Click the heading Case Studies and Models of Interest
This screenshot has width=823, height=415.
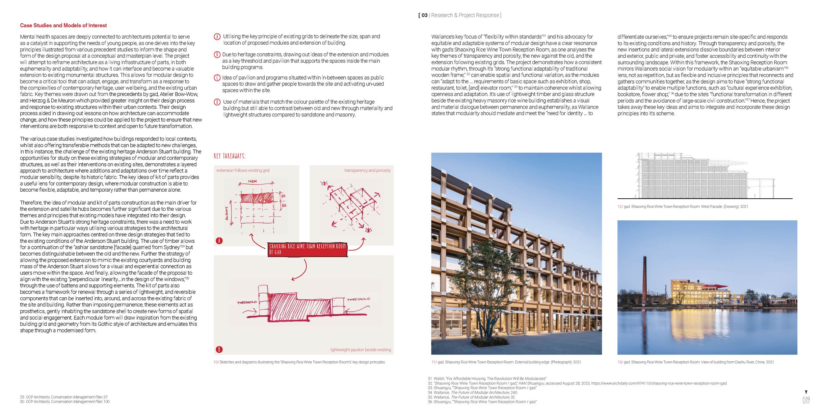coord(63,25)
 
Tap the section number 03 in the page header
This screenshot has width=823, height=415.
coord(424,15)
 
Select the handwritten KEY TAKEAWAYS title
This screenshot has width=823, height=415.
coord(229,156)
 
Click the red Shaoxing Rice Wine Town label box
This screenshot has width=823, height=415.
coord(307,249)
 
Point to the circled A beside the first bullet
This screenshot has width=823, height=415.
coord(217,37)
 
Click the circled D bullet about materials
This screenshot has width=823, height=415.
coord(217,102)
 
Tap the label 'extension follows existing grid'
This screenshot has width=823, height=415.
coord(243,170)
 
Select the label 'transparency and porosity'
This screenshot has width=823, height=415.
coord(367,170)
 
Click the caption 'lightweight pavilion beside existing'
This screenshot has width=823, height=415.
coord(360,350)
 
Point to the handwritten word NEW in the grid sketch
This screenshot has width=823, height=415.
coord(252,181)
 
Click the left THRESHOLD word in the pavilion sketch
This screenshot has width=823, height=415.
coord(247,302)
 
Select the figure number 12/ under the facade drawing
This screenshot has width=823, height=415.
coord(620,207)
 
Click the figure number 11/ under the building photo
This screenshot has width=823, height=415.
coord(434,362)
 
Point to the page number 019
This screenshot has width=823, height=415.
coord(806,400)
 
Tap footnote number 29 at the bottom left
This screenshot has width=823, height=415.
coord(22,397)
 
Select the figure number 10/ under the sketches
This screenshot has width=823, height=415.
coord(216,362)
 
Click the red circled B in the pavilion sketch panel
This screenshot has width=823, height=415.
coord(219,350)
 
